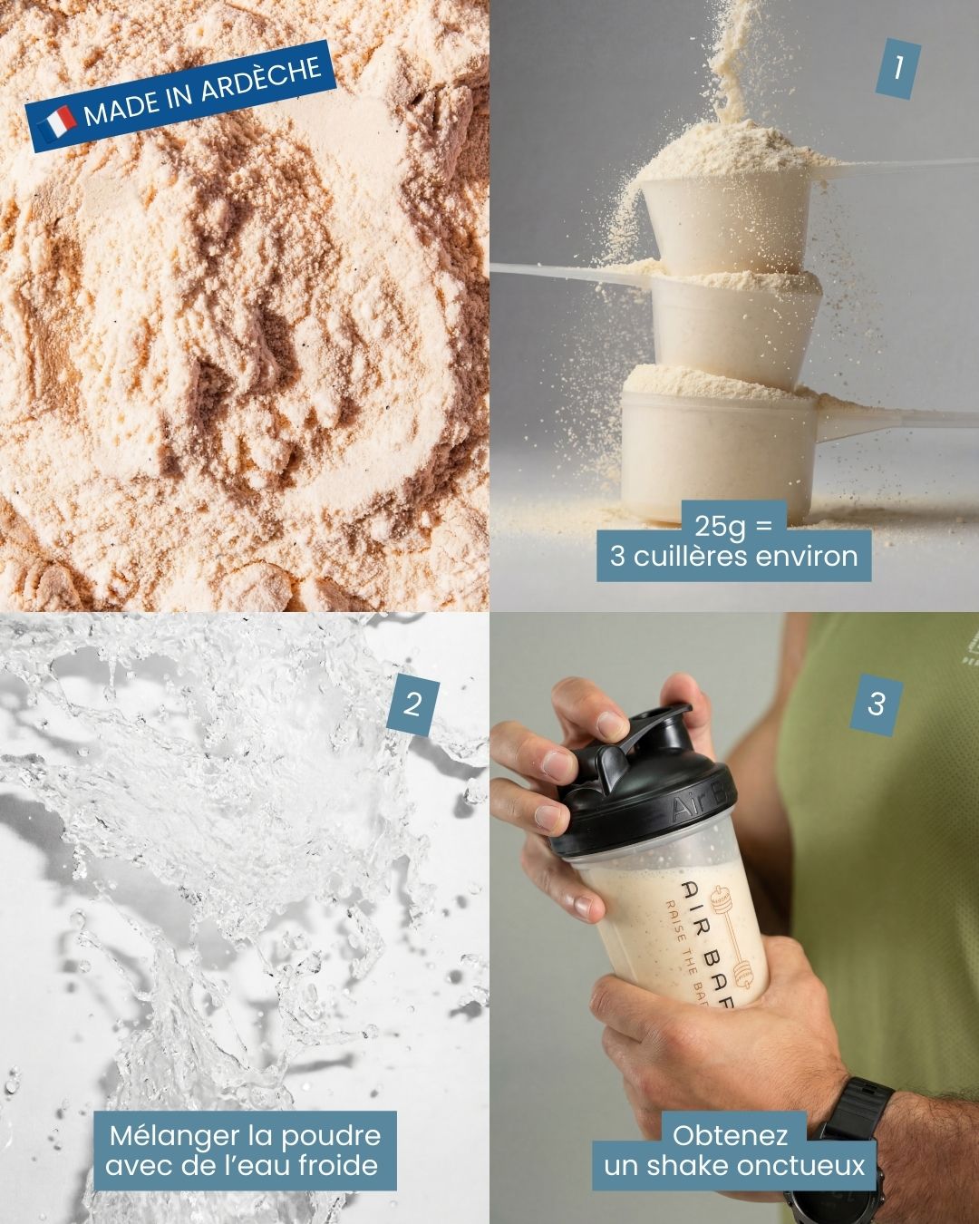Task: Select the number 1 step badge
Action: coord(897,67)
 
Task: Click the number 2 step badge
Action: coord(412,703)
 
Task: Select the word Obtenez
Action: coord(730,1135)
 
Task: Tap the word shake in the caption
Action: coord(683,1165)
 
